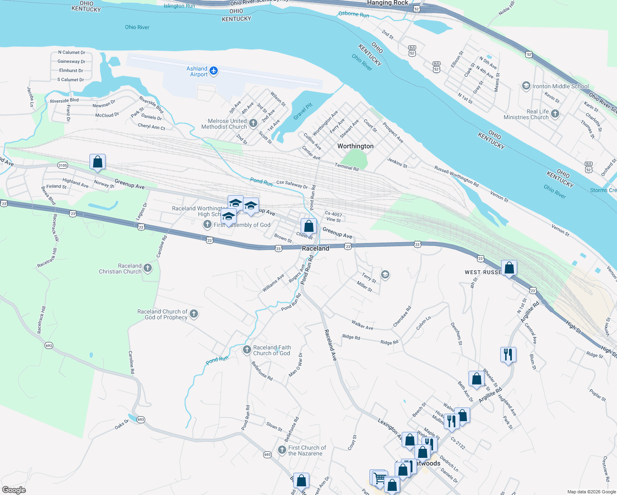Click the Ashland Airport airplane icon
pyautogui.click(x=214, y=71)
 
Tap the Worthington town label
pyautogui.click(x=355, y=146)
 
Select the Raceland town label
pyautogui.click(x=316, y=248)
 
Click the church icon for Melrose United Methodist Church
pyautogui.click(x=253, y=123)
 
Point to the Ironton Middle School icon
pyautogui.click(x=526, y=86)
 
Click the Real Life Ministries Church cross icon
pyautogui.click(x=555, y=114)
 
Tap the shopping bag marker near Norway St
pyautogui.click(x=97, y=162)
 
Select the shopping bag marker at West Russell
pyautogui.click(x=509, y=268)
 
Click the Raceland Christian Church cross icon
pyautogui.click(x=148, y=269)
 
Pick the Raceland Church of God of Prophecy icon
pyautogui.click(x=194, y=314)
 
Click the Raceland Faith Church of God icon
pyautogui.click(x=247, y=350)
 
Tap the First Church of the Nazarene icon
pyautogui.click(x=282, y=450)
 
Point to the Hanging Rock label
pyautogui.click(x=387, y=3)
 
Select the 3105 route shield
pyautogui.click(x=62, y=165)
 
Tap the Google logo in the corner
pyautogui.click(x=14, y=490)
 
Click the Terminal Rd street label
pyautogui.click(x=346, y=167)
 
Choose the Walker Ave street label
pyautogui.click(x=362, y=325)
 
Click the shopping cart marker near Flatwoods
pyautogui.click(x=380, y=478)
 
